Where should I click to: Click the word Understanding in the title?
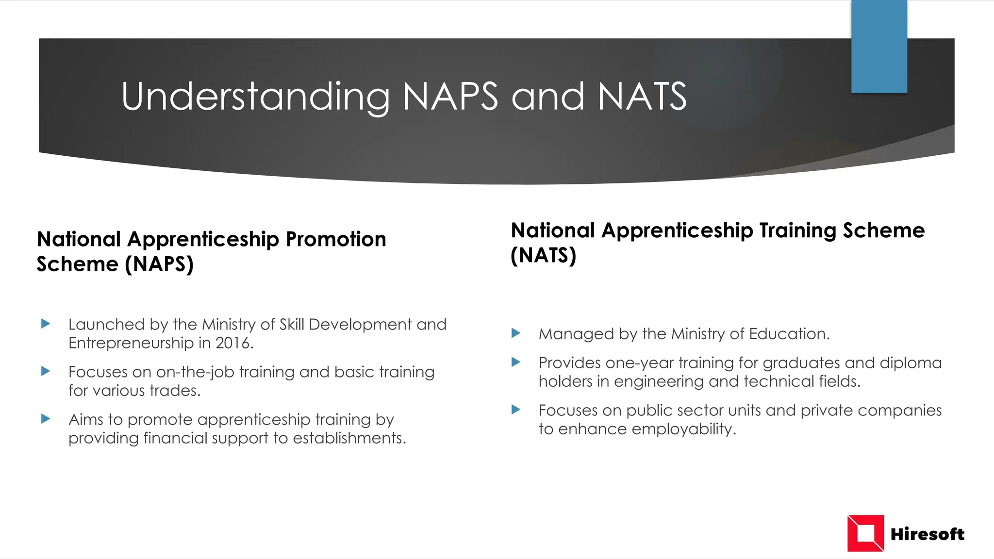[255, 97]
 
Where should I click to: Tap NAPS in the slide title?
[450, 97]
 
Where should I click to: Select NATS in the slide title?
[642, 97]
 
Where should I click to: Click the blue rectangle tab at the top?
[879, 47]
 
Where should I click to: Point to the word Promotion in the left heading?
[336, 239]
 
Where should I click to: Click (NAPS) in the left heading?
[159, 264]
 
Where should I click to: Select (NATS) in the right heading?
[543, 256]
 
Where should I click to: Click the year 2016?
[234, 344]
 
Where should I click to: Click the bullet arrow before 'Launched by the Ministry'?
[46, 324]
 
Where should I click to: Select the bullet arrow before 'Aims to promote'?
[46, 419]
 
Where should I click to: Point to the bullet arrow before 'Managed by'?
[516, 333]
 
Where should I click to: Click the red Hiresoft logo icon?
[865, 533]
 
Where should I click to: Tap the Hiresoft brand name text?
[927, 534]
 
